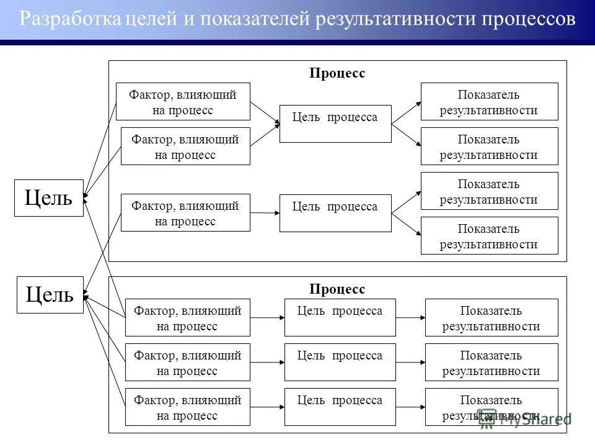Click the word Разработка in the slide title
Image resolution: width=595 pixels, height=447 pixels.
pos(69,19)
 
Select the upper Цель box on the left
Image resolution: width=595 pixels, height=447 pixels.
pos(48,198)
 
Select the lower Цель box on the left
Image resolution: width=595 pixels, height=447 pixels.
pos(48,294)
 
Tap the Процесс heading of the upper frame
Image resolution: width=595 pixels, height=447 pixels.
pos(337,73)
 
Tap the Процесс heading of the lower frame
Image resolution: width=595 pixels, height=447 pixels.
pos(337,289)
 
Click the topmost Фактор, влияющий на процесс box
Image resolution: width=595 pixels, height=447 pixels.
pos(183,102)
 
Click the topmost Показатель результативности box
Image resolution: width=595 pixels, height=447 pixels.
pos(489,102)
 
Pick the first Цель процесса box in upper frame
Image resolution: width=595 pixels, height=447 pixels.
pos(335,124)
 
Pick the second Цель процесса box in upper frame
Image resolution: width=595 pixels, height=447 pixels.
pos(335,213)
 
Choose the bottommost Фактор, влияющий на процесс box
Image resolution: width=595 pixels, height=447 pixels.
pos(187,407)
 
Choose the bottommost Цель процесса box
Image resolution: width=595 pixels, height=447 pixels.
pos(340,407)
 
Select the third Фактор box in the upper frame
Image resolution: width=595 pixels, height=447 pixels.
pos(185,213)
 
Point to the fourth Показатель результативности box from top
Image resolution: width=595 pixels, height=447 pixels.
pos(489,235)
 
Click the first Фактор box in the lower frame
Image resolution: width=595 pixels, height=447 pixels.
pos(187,317)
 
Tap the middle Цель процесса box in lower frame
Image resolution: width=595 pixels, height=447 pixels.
pos(340,362)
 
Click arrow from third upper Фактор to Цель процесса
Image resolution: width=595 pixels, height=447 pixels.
pos(265,213)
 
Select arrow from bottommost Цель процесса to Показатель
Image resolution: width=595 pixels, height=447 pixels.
pos(410,407)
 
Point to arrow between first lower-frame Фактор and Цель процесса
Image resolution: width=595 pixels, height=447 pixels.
pos(267,317)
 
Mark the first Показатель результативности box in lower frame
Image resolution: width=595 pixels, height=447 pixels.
pos(491,317)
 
